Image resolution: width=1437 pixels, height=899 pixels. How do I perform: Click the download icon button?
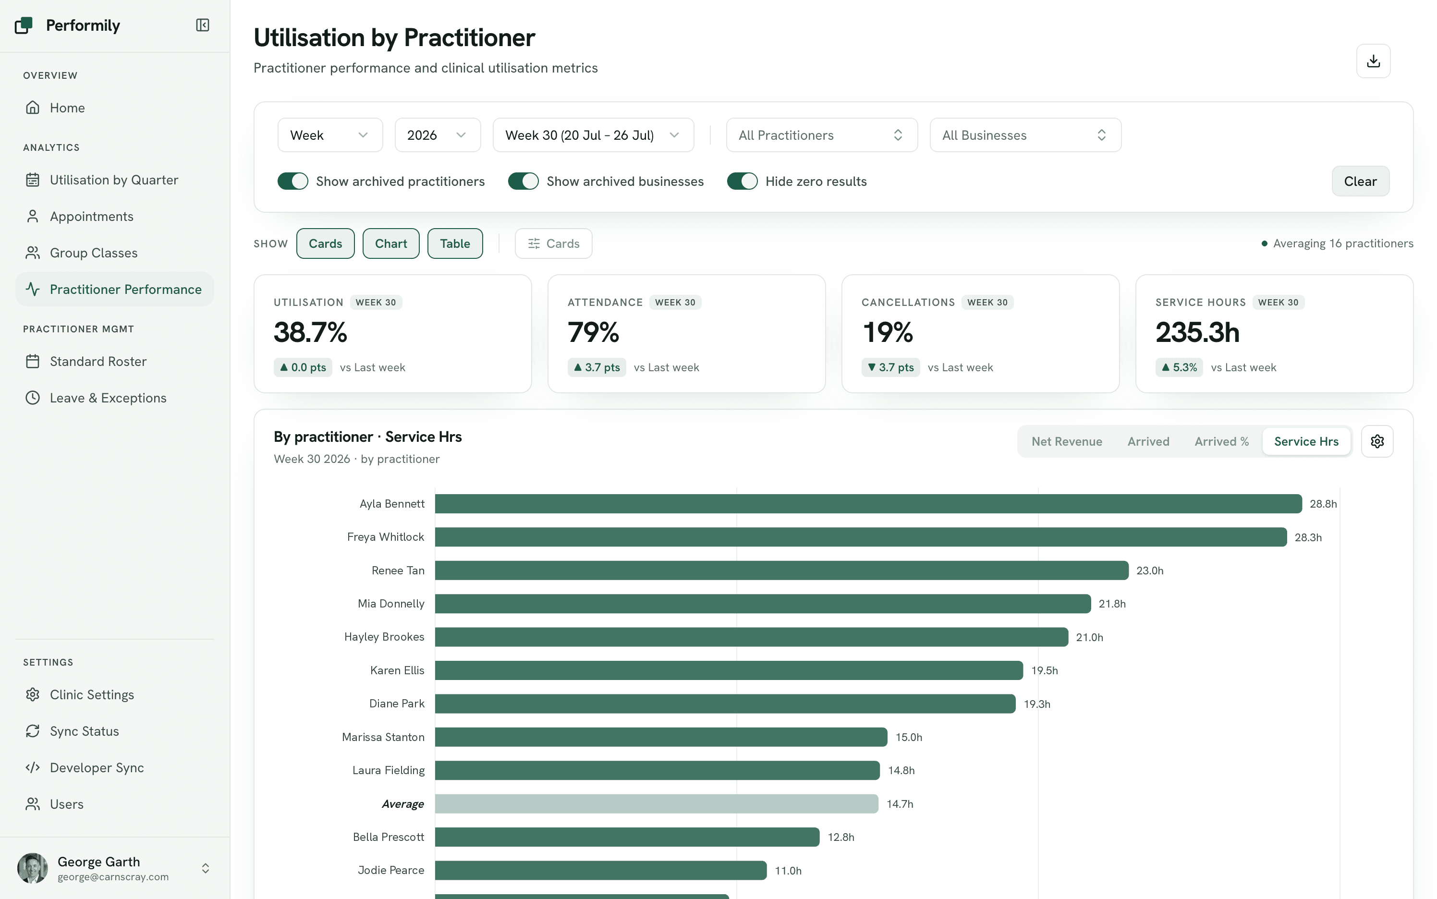coord(1373,61)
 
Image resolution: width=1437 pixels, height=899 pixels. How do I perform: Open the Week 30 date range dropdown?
coord(593,135)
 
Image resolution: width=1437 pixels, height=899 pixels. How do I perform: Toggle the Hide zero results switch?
coord(742,182)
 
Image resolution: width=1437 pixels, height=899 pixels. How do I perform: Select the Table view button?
coord(455,243)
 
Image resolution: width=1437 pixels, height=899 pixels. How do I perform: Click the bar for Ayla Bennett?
coord(868,504)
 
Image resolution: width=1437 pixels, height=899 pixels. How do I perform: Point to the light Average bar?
coord(657,803)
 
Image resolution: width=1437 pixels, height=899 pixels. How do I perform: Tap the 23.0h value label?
coord(1150,570)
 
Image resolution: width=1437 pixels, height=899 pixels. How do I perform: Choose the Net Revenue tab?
coord(1067,441)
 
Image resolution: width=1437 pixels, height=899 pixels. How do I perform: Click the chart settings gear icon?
coord(1377,441)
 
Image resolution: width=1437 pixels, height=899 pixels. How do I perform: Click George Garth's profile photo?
coord(33,868)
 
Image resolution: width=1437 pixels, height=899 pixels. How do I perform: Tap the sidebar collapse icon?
coord(203,25)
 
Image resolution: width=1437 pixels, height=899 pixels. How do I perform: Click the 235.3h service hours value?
coord(1197,332)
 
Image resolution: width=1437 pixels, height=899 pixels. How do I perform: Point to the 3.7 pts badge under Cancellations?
coord(890,367)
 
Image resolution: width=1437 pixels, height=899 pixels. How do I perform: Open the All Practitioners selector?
coord(821,135)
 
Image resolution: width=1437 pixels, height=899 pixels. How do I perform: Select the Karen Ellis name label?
coord(397,670)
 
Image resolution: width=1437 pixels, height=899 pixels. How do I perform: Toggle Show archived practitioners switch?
coord(292,182)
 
